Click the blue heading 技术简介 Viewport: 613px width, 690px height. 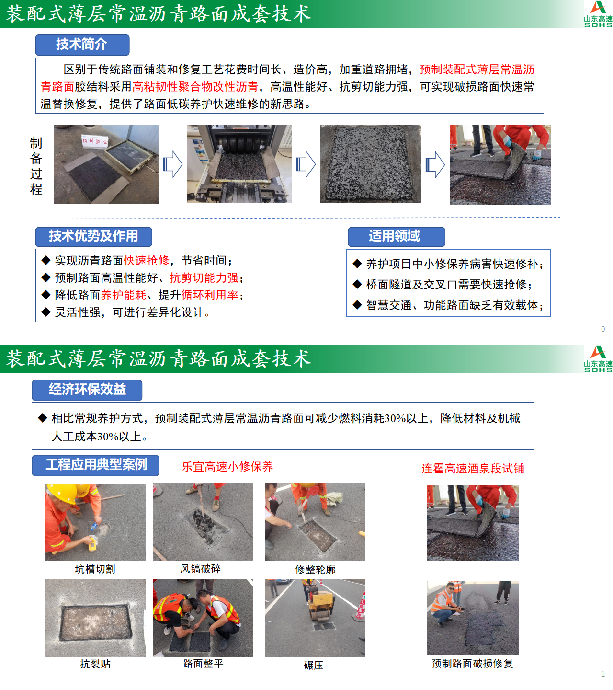coord(82,45)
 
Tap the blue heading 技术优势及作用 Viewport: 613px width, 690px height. coord(93,236)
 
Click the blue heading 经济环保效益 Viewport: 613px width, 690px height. coord(87,390)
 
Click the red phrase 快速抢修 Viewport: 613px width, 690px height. coord(147,261)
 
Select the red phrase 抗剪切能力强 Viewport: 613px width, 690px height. coord(204,278)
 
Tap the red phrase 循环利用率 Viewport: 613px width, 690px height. coord(210,295)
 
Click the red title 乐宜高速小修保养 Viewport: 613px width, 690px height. coord(227,467)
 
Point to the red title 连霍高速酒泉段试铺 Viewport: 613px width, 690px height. coord(473,469)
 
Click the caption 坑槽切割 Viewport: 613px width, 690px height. coord(95,569)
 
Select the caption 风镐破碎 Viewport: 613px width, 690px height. coord(201,568)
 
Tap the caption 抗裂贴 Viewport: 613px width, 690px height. coord(95,664)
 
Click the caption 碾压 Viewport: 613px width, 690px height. coord(314,665)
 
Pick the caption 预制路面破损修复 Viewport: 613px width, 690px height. coord(472,664)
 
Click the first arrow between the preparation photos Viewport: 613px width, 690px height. coord(173,164)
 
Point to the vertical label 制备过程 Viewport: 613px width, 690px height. coord(36,166)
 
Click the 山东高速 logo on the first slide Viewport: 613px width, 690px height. coord(598,14)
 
